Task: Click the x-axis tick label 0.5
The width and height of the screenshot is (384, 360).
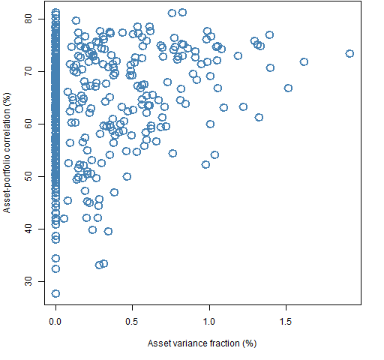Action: tap(132, 322)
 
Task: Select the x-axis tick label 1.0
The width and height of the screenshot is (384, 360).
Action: tap(209, 322)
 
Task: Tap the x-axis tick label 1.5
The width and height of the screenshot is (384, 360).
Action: tap(286, 322)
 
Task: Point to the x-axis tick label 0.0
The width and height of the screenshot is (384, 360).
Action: tap(55, 322)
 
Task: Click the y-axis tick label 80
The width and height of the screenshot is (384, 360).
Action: tap(28, 19)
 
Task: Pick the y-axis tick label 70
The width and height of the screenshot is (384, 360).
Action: tap(28, 71)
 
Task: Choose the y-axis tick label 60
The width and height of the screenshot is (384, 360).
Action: tap(28, 124)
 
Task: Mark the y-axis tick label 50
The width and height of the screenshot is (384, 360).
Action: tap(28, 176)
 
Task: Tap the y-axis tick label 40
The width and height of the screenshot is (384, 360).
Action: tap(28, 229)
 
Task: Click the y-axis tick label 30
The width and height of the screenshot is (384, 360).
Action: tap(28, 281)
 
